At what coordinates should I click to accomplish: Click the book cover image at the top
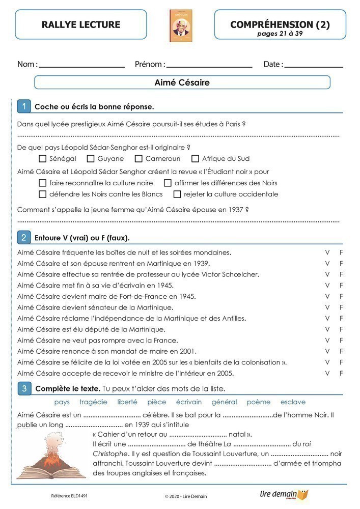181,25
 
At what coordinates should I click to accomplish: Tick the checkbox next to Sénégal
43,159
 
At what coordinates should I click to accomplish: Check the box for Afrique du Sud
195,159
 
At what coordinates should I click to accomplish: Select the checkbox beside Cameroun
139,159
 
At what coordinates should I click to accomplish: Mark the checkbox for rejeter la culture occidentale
177,194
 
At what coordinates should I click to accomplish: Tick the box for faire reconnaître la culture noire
43,183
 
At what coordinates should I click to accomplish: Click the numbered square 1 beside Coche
24,106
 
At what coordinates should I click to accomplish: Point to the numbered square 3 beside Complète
24,389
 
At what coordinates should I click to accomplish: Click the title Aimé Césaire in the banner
182,82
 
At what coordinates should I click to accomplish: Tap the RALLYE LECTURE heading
81,24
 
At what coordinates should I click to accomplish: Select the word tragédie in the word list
93,402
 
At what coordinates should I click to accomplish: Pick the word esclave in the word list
293,402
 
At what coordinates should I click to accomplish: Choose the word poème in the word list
259,402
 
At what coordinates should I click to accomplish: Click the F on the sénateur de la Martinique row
342,307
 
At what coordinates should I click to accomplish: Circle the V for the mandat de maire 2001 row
327,351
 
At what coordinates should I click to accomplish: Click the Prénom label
150,65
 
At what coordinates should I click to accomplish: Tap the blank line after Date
314,66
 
